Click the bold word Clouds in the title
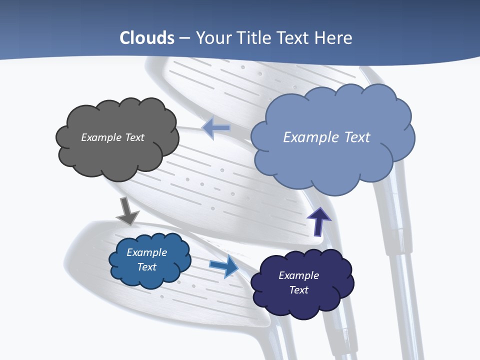(147, 38)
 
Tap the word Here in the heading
(334, 38)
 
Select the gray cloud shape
(117, 150)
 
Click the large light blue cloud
(332, 160)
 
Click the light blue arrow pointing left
(216, 128)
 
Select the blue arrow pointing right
(224, 266)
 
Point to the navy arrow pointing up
(318, 220)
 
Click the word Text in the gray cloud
(134, 137)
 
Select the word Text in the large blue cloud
(357, 137)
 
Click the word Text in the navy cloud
(298, 290)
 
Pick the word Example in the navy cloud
(298, 275)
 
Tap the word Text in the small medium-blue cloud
(147, 267)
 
